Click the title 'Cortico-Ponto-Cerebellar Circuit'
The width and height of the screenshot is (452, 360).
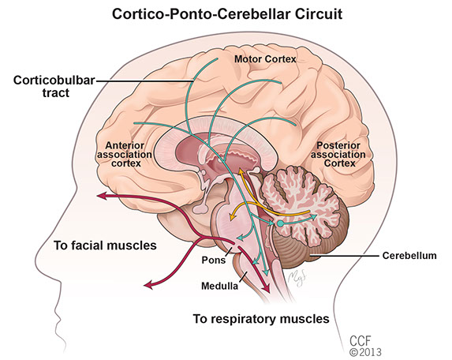coord(227,14)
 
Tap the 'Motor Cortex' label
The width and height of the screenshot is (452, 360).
coord(265,59)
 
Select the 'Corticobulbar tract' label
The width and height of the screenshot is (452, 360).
coord(54,86)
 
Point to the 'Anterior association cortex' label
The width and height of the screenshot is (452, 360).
coord(125,154)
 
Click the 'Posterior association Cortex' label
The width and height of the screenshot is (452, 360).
coord(338,154)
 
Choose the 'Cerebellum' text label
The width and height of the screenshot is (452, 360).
coord(409,256)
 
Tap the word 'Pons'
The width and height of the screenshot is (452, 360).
coord(213,260)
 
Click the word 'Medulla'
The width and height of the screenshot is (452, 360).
coord(219,286)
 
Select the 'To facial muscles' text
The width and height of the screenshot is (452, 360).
coord(105,246)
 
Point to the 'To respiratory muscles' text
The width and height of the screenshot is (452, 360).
coord(261,319)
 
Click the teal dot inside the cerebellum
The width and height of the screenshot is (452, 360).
coord(280,223)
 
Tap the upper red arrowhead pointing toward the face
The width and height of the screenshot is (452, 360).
coord(102,196)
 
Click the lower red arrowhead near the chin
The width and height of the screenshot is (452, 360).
coord(148,285)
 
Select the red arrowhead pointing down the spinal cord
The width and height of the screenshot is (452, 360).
coord(267,288)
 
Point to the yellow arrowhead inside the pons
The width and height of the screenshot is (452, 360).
coord(232,217)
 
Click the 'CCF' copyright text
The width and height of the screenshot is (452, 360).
coord(360,341)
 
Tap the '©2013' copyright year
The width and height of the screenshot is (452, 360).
coord(365,352)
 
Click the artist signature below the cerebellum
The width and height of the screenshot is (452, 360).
coord(297,278)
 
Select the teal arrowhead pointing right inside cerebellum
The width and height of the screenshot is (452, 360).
coord(313,216)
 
